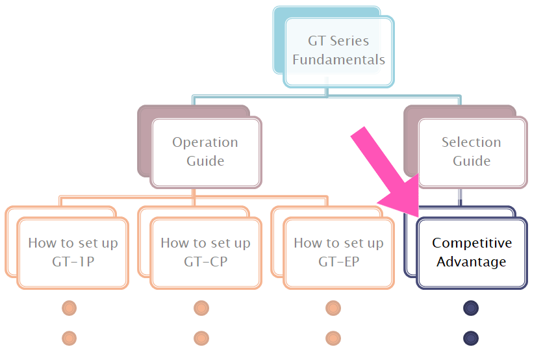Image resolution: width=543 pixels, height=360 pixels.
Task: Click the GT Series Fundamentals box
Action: tap(338, 51)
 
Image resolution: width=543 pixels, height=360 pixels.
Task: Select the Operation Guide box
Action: tap(205, 151)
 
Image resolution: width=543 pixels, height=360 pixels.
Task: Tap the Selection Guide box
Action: tap(472, 151)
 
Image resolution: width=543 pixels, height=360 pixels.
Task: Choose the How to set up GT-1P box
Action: tap(73, 252)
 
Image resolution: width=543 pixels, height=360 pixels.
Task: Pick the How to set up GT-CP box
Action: tap(205, 252)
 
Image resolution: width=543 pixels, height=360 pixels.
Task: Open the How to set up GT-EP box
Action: tap(338, 252)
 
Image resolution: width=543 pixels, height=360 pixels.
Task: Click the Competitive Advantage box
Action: tap(472, 252)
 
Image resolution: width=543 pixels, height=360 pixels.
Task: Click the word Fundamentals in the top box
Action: tap(338, 60)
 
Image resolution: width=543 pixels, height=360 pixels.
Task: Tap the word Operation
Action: tap(205, 142)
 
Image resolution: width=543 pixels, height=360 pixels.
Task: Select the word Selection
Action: tap(472, 142)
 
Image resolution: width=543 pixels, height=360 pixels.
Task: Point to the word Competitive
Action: tap(472, 243)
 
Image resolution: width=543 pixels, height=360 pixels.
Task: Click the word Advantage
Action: tap(472, 262)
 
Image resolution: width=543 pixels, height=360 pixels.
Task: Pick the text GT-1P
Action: tap(73, 262)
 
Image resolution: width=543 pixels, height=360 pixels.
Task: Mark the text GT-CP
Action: tap(205, 262)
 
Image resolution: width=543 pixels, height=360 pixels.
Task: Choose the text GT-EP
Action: tap(338, 262)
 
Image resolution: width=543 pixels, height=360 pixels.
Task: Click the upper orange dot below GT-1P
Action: tap(69, 308)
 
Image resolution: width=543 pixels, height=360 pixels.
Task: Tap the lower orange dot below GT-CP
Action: tap(201, 338)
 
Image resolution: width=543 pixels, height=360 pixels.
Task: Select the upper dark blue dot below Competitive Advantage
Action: tap(471, 308)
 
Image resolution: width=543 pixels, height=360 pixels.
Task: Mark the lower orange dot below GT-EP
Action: tap(333, 338)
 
